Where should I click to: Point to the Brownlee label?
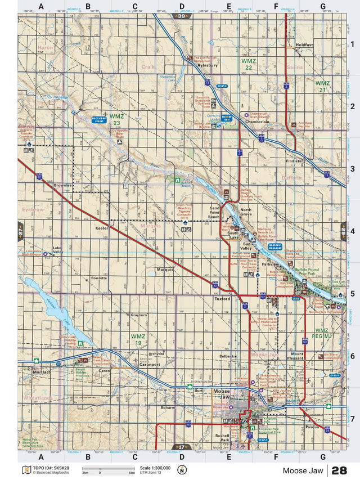(x=62, y=185)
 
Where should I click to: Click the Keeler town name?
(x=102, y=228)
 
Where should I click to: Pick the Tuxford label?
(x=222, y=299)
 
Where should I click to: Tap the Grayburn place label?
(x=138, y=315)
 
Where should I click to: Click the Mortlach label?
(x=42, y=373)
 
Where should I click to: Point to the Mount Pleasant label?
(x=297, y=356)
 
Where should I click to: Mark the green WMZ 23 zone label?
(x=116, y=119)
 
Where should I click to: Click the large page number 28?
(x=339, y=470)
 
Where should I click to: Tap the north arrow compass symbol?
(x=182, y=470)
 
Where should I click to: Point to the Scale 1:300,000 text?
(x=154, y=468)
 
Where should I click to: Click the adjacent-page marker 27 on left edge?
(x=20, y=231)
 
